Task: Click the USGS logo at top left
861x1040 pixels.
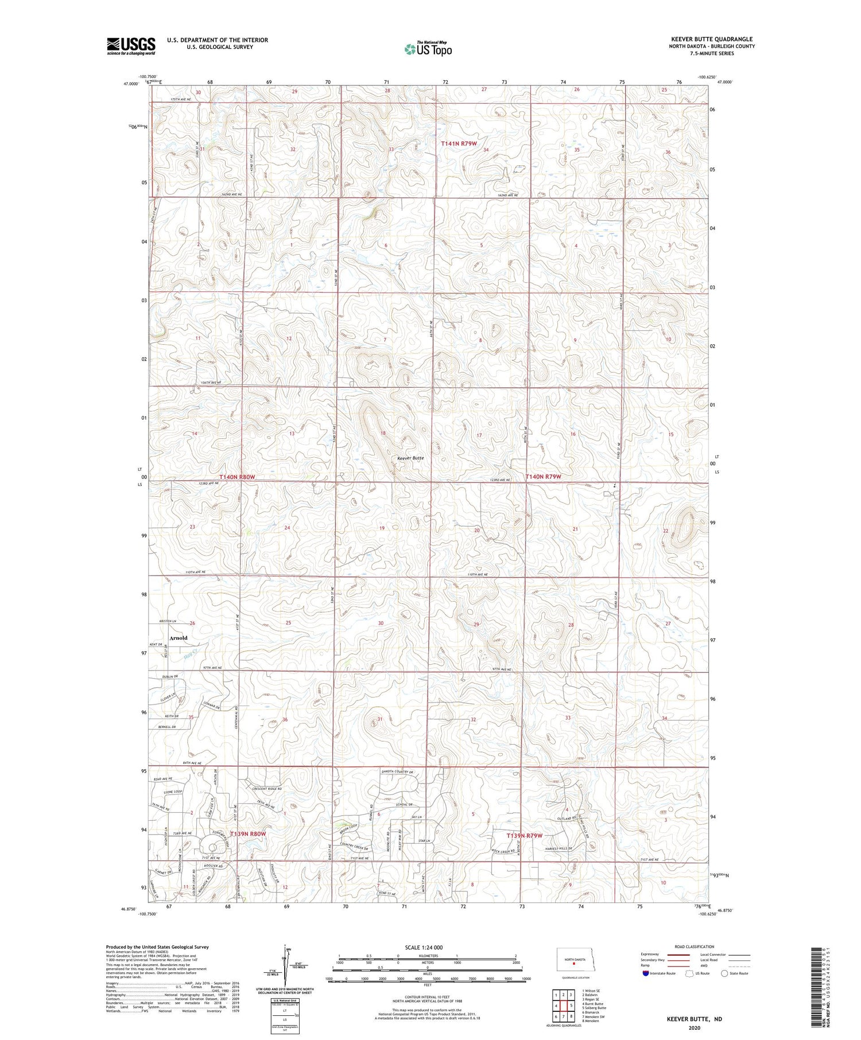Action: pyautogui.click(x=131, y=46)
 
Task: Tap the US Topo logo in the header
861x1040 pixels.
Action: pyautogui.click(x=428, y=49)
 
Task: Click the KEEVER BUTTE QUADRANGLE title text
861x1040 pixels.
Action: pyautogui.click(x=712, y=39)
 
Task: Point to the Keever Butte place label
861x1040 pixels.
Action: pyautogui.click(x=410, y=458)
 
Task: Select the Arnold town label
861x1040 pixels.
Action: pyautogui.click(x=178, y=638)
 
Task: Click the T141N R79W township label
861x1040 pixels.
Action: pyautogui.click(x=459, y=143)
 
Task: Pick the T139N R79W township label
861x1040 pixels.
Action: pyautogui.click(x=524, y=836)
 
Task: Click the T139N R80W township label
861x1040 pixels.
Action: pyautogui.click(x=248, y=833)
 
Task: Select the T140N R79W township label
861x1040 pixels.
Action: pyautogui.click(x=543, y=477)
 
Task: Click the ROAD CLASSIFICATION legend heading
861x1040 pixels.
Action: pyautogui.click(x=695, y=946)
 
